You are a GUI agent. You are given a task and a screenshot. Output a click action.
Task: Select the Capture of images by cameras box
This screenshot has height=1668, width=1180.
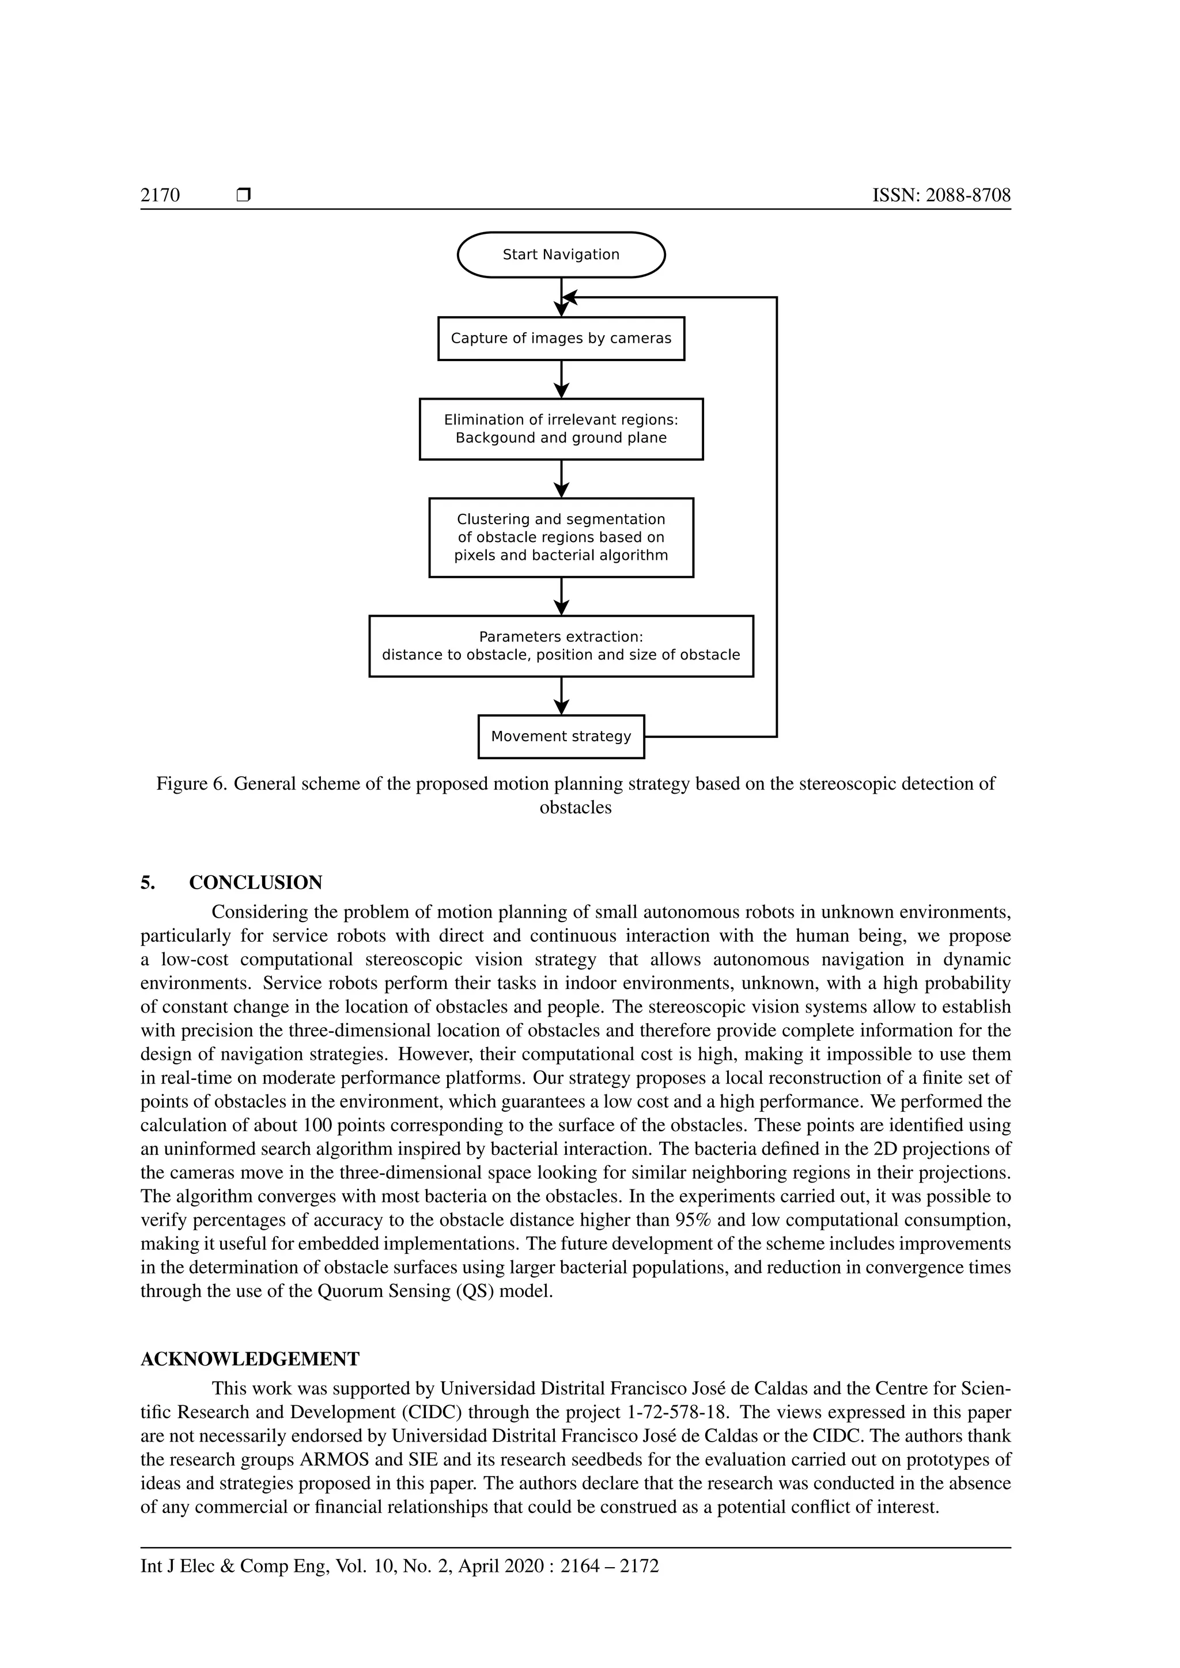[561, 339]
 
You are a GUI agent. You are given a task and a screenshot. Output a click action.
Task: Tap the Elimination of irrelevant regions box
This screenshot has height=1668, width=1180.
[561, 429]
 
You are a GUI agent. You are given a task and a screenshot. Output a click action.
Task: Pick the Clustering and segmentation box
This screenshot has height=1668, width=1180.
[561, 537]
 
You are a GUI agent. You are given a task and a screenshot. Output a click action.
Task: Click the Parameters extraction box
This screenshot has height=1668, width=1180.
[561, 646]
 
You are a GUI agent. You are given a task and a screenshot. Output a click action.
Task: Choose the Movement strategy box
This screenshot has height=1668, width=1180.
[561, 737]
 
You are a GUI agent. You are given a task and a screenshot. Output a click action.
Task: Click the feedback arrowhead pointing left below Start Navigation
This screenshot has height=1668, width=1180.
[570, 298]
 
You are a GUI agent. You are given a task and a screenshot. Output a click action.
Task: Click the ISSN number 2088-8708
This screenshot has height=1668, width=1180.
[968, 195]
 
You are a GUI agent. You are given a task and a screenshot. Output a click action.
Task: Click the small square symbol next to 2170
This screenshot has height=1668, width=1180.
[244, 195]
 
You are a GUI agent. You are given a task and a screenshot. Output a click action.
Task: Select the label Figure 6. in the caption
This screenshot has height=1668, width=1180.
[192, 784]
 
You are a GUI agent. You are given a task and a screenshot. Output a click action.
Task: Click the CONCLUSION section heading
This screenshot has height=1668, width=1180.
[256, 883]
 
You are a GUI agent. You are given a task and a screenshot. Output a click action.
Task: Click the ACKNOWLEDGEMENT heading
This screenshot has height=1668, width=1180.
[250, 1359]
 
